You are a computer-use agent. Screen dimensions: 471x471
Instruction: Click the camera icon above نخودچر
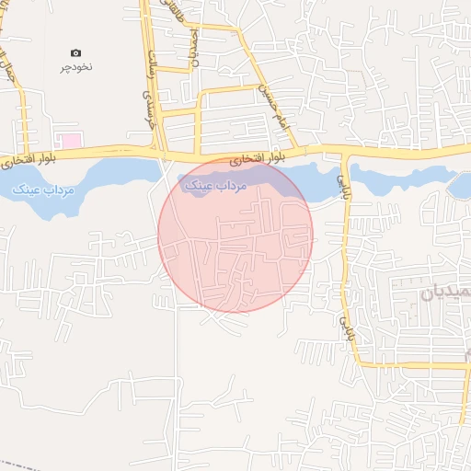(75, 53)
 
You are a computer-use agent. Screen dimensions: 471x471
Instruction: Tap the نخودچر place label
(77, 67)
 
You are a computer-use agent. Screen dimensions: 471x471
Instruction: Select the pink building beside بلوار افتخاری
(69, 141)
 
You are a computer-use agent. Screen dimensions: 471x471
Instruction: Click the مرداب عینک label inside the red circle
(217, 186)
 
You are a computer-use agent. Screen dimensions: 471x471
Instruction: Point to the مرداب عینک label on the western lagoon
(44, 190)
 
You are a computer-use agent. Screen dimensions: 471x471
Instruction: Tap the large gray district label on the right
(446, 293)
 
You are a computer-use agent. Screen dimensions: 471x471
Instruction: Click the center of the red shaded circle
(235, 235)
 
